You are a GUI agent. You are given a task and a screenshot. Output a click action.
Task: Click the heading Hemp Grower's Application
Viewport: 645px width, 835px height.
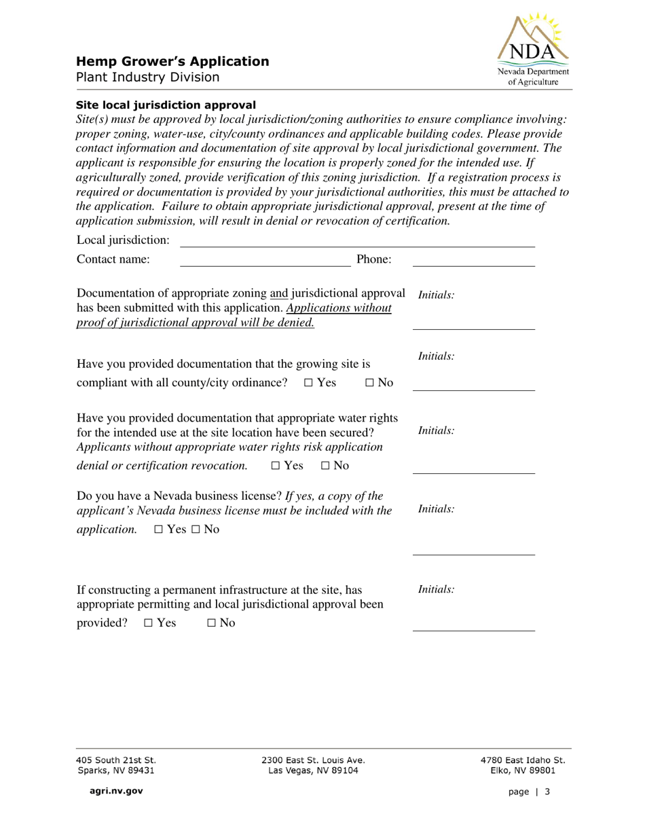(x=172, y=62)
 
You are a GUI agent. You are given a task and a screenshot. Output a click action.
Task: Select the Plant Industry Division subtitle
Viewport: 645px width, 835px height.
(x=147, y=77)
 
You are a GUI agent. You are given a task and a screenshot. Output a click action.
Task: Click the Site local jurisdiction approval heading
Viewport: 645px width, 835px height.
(x=166, y=105)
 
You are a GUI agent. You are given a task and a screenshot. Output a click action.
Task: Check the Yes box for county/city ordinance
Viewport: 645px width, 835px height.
(x=308, y=383)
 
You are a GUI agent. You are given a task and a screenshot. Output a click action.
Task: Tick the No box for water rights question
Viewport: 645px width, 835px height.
(x=325, y=466)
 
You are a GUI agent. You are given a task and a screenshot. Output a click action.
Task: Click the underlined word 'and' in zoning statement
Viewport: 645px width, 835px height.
(x=279, y=293)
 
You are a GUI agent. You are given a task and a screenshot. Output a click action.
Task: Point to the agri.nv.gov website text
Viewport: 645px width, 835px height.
(x=111, y=791)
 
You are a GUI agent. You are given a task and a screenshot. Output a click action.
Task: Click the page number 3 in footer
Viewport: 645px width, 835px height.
(x=547, y=792)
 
